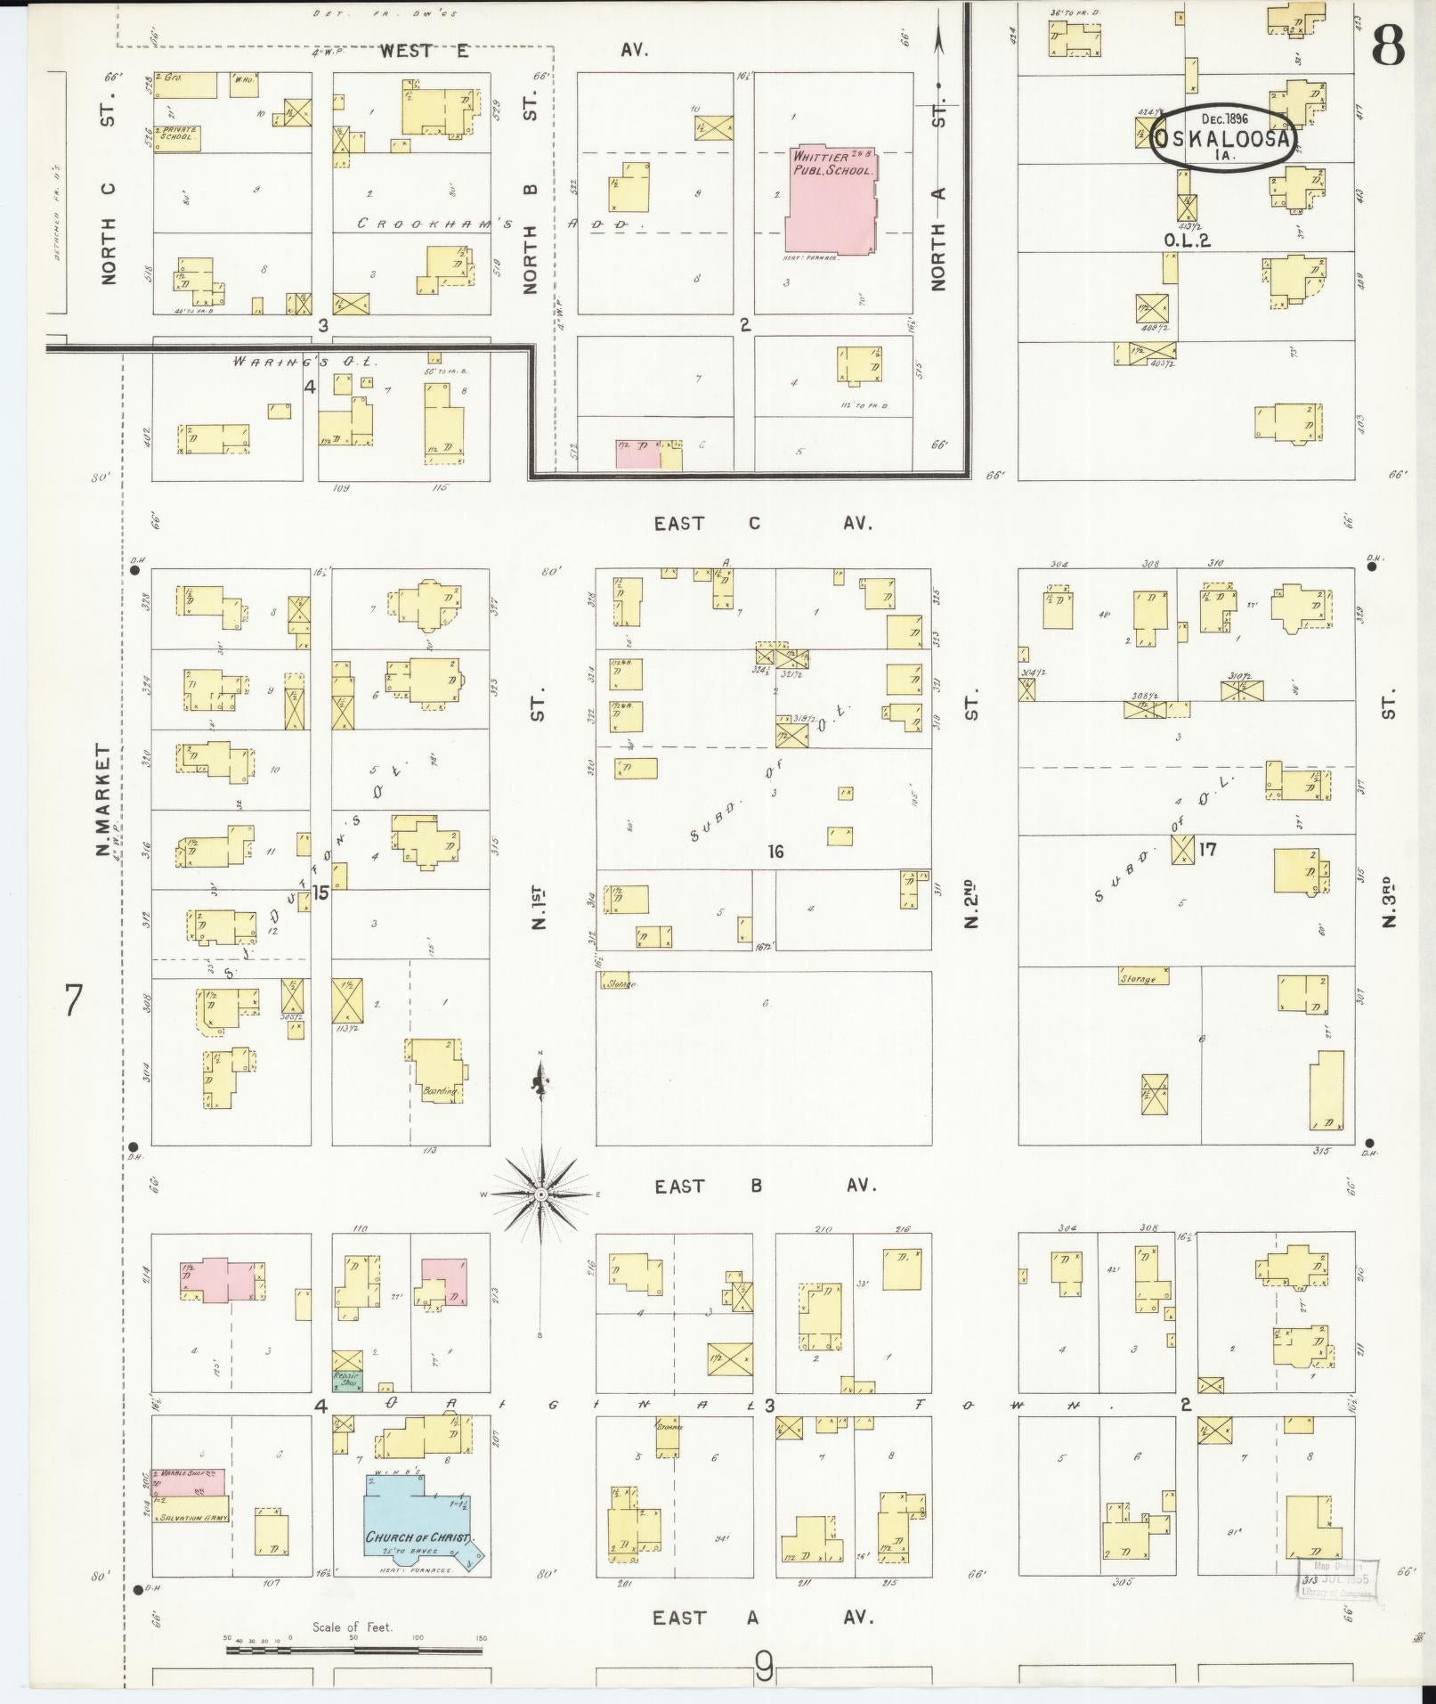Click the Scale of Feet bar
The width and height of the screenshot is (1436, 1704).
click(353, 1650)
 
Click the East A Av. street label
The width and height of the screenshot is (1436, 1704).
click(762, 1618)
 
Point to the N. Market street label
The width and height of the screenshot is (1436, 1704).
click(104, 801)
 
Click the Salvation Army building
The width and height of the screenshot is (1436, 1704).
click(189, 1517)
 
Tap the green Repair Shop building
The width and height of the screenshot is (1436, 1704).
click(347, 1406)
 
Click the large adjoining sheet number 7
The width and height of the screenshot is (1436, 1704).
click(73, 999)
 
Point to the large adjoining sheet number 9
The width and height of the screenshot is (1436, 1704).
click(764, 1666)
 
